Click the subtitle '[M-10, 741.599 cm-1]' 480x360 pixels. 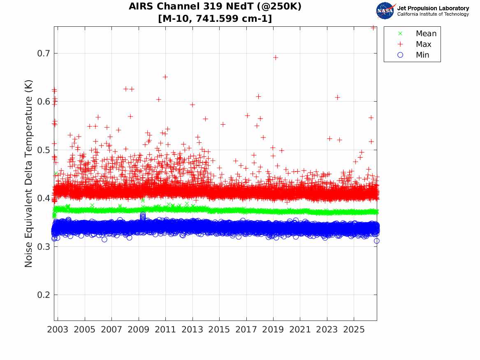pyautogui.click(x=215, y=19)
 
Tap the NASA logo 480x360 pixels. pyautogui.click(x=385, y=11)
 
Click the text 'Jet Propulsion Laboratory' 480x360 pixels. pyautogui.click(x=433, y=8)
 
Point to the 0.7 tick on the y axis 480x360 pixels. pyautogui.click(x=44, y=53)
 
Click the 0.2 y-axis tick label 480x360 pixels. pyautogui.click(x=44, y=295)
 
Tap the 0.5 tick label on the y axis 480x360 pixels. pyautogui.click(x=44, y=150)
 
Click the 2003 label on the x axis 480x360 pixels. pyautogui.click(x=58, y=330)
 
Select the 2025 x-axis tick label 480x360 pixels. pyautogui.click(x=354, y=330)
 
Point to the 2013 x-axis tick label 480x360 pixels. pyautogui.click(x=192, y=330)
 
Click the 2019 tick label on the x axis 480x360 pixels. pyautogui.click(x=273, y=330)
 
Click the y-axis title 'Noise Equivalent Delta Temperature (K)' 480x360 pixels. pyautogui.click(x=28, y=174)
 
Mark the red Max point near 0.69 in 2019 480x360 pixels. pyautogui.click(x=276, y=58)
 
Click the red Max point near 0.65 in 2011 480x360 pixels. pyautogui.click(x=165, y=77)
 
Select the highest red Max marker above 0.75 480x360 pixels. pyautogui.click(x=373, y=28)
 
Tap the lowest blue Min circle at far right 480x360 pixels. pyautogui.click(x=376, y=241)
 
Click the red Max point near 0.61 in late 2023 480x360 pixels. pyautogui.click(x=337, y=98)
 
